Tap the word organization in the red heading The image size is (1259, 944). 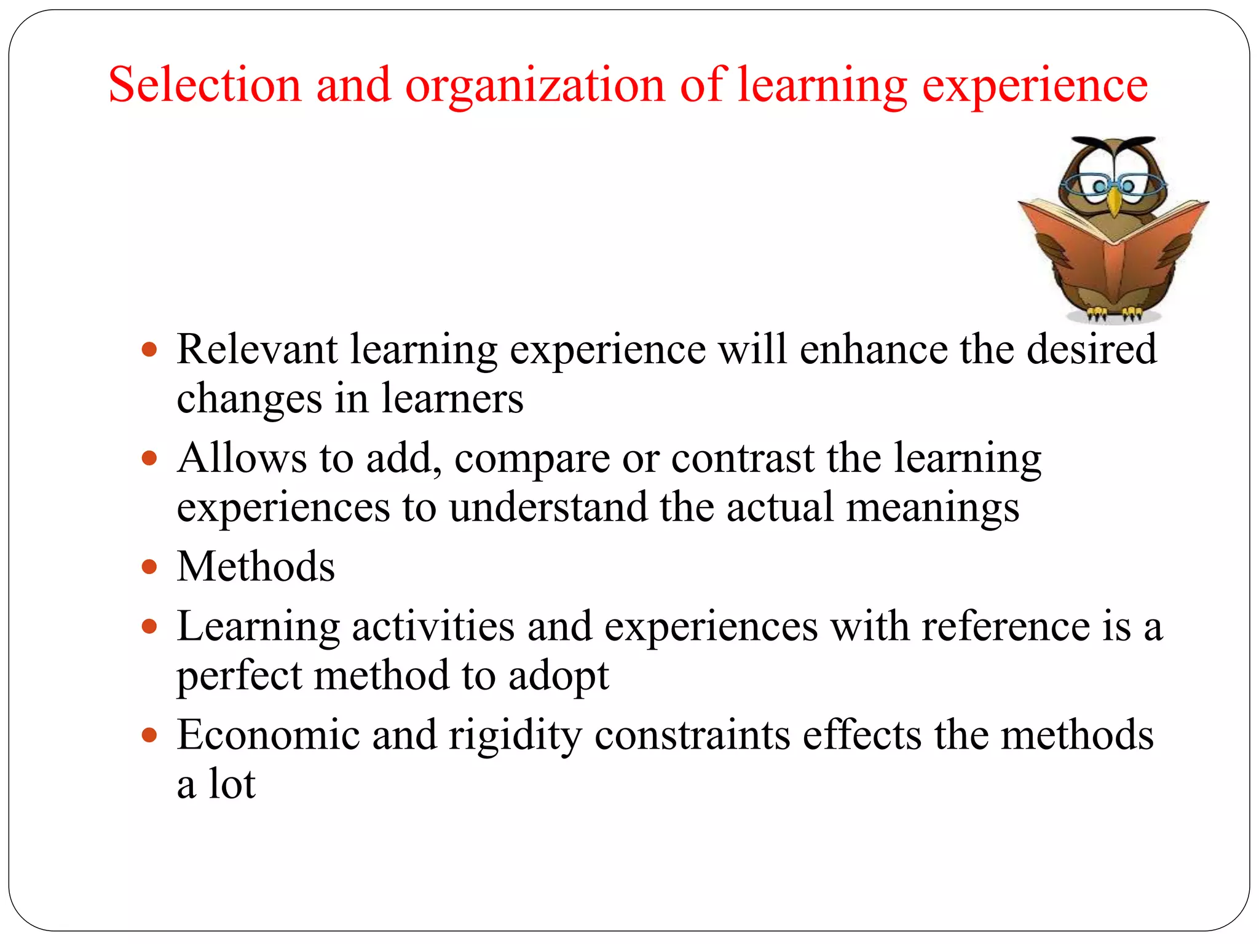point(535,86)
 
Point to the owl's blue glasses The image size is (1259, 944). point(1113,184)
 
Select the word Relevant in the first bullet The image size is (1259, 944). point(257,349)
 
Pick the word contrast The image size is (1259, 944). point(743,459)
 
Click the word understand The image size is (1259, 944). point(548,507)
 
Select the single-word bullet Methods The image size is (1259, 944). point(256,566)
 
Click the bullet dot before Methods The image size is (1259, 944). point(149,566)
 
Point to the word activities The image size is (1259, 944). point(433,626)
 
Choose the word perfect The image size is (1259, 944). point(239,676)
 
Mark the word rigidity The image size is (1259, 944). point(515,736)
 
